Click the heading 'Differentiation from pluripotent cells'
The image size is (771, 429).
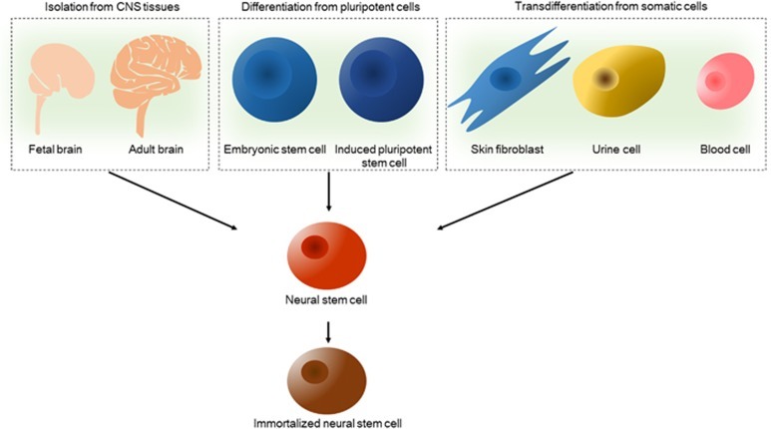tap(329, 10)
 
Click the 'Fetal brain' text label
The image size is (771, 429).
tap(59, 149)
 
